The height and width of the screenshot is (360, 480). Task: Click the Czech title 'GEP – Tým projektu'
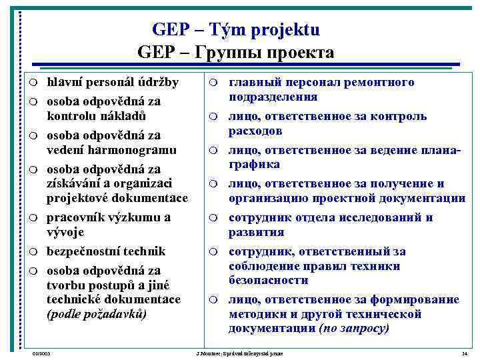click(x=235, y=30)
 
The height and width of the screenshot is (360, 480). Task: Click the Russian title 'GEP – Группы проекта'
click(x=235, y=52)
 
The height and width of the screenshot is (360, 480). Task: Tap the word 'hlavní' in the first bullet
click(x=64, y=83)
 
